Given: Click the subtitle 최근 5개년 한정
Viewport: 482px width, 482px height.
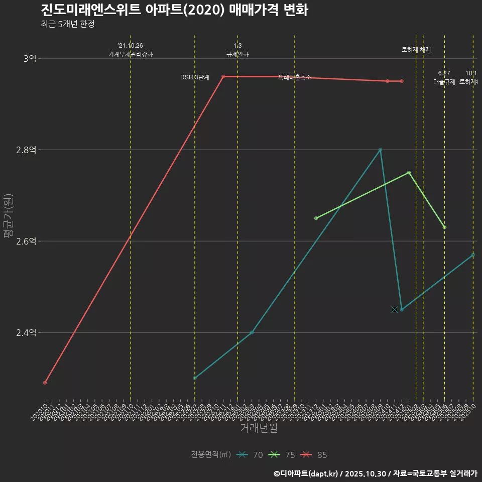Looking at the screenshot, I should [x=67, y=24].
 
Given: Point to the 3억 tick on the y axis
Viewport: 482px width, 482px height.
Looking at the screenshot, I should [x=30, y=58].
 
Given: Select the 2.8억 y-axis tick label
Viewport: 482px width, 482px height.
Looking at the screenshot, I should [x=27, y=150].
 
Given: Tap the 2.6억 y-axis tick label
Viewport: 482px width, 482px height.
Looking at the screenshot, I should [x=27, y=241].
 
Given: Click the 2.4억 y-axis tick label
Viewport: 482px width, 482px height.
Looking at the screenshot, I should [x=27, y=332].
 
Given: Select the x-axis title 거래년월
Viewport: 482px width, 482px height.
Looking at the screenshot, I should [x=259, y=428].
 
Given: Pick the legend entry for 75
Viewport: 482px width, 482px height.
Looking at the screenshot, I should [x=282, y=455].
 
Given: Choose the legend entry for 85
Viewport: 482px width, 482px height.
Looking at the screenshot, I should [x=314, y=455].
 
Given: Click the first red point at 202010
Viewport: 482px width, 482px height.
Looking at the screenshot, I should [x=45, y=383].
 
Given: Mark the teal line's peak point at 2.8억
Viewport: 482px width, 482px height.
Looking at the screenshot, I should [x=380, y=150].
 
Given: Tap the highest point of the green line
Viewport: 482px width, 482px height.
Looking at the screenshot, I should [x=409, y=173].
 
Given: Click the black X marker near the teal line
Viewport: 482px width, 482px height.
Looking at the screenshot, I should [x=394, y=309].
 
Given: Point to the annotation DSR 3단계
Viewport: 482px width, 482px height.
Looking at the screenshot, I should [x=195, y=77].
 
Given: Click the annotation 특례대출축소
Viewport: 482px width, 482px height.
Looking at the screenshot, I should [x=295, y=77].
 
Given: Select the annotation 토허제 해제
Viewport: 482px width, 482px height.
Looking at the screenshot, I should [x=416, y=50].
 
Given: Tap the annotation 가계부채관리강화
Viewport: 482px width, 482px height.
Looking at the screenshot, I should [x=131, y=54].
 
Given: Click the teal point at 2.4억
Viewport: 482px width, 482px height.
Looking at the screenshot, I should [x=252, y=332].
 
